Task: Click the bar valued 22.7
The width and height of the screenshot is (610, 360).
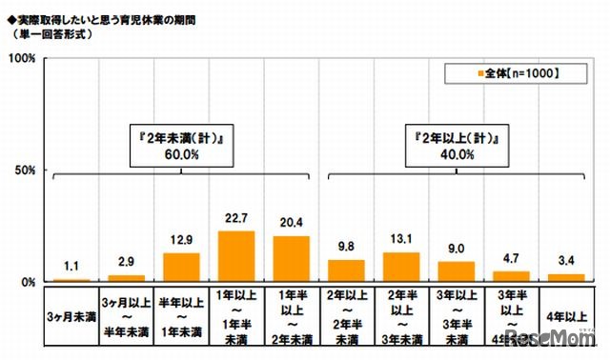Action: (x=236, y=256)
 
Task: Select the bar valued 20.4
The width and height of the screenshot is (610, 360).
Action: (x=291, y=259)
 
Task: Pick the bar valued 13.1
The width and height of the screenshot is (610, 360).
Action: (x=399, y=267)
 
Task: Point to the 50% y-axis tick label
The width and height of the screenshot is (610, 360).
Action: (x=24, y=170)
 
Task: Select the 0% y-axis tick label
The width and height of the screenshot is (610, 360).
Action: (x=27, y=282)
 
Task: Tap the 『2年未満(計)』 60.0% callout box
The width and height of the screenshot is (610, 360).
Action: (x=181, y=144)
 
